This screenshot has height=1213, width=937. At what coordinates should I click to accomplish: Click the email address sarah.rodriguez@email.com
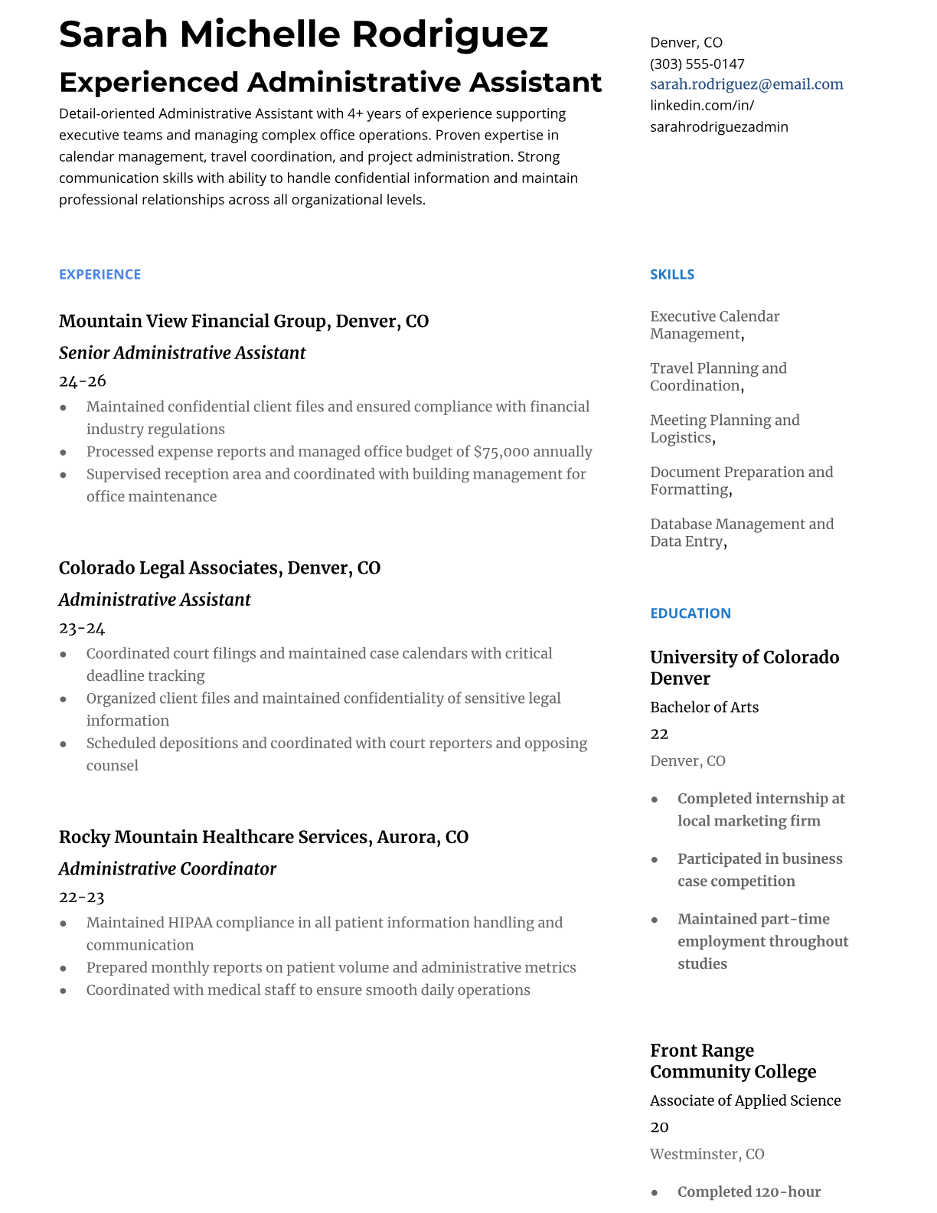click(746, 84)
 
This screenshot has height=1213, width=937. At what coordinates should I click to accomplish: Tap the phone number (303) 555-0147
click(697, 64)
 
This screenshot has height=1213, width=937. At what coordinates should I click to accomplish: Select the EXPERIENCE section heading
click(100, 274)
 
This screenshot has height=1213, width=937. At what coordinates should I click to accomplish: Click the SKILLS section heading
click(672, 274)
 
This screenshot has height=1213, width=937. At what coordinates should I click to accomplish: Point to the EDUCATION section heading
click(690, 613)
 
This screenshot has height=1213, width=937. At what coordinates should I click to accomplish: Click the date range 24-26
click(82, 381)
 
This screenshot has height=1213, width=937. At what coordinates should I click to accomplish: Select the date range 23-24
click(82, 628)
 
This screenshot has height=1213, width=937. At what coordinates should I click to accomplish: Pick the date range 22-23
click(82, 897)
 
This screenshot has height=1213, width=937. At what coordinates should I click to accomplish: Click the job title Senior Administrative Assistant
click(182, 353)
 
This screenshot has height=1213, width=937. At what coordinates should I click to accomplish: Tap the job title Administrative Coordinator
click(168, 868)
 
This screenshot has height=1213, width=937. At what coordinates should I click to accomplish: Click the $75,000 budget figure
click(501, 452)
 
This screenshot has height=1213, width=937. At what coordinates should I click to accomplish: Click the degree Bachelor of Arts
click(704, 708)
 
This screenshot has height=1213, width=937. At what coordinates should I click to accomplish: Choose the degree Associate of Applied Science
click(745, 1100)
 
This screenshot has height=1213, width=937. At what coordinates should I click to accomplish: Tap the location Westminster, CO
click(707, 1154)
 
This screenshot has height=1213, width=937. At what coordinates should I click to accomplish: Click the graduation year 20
click(659, 1127)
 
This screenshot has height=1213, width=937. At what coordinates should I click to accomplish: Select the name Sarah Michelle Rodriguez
click(303, 34)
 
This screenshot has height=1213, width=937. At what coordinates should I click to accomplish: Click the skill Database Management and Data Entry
click(741, 532)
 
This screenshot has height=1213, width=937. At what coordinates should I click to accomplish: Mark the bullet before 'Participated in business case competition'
click(655, 860)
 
